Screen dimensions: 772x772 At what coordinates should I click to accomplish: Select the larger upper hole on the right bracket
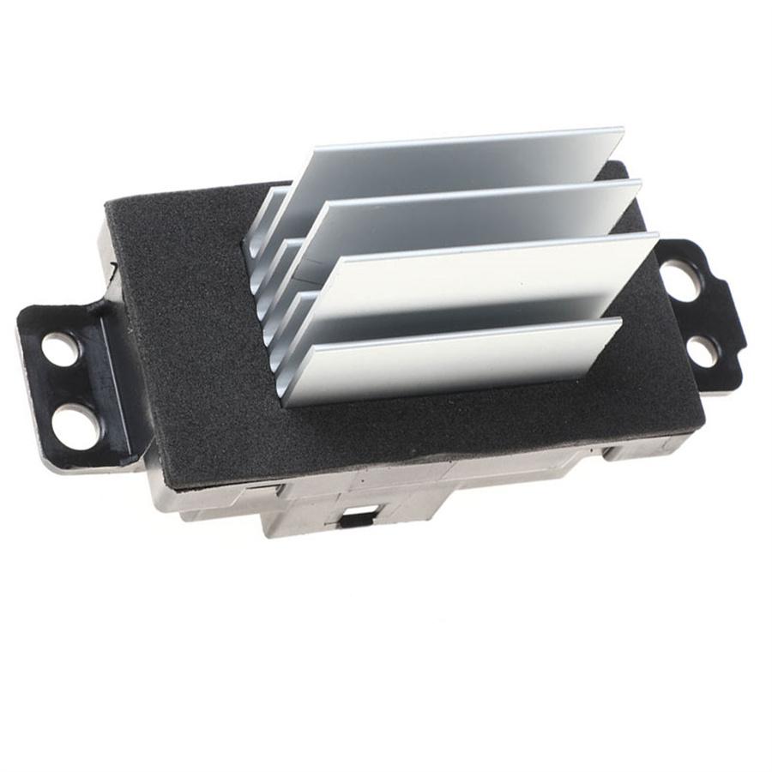681,280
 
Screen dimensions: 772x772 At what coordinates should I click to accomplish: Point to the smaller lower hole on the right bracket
703,349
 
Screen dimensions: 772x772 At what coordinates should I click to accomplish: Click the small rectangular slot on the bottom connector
354,519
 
